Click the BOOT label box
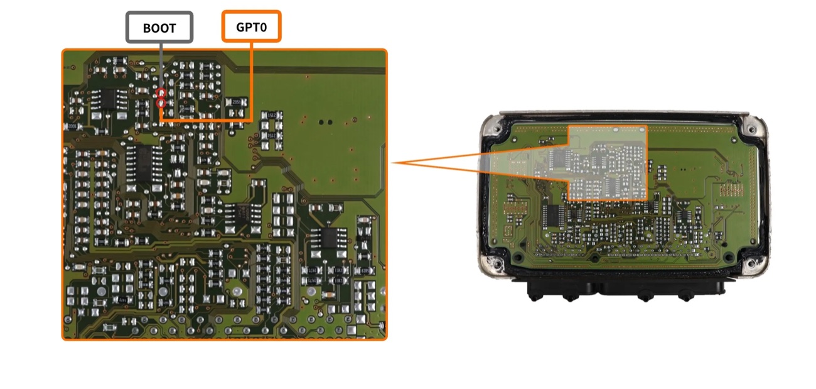(159, 28)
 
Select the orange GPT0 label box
(251, 26)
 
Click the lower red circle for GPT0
(161, 104)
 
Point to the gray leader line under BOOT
(161, 65)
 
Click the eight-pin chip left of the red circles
(108, 99)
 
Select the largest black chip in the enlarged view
(144, 163)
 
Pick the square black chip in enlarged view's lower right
(330, 238)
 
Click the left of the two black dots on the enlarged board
(321, 122)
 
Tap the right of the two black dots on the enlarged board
(330, 122)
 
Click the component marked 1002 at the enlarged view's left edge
(72, 126)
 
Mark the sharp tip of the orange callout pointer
(392, 163)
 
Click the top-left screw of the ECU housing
(495, 129)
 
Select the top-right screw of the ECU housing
(751, 128)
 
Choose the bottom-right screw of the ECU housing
(751, 263)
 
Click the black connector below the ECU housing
(626, 288)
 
